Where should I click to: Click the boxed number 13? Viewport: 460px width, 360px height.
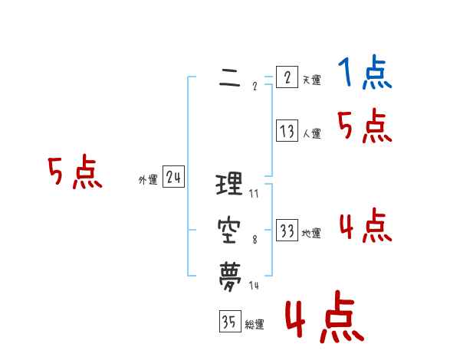click(287, 131)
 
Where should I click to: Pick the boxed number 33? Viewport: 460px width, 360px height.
click(287, 231)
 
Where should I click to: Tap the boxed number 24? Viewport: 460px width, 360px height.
click(173, 178)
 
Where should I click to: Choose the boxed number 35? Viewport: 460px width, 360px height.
click(228, 322)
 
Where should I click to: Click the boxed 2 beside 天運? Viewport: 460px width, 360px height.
click(287, 77)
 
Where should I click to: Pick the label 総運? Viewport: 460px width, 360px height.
click(255, 325)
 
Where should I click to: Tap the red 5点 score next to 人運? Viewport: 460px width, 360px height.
click(364, 126)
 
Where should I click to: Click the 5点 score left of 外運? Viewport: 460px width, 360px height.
click(74, 172)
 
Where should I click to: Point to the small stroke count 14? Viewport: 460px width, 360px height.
click(255, 286)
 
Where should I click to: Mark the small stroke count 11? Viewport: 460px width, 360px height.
click(254, 194)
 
